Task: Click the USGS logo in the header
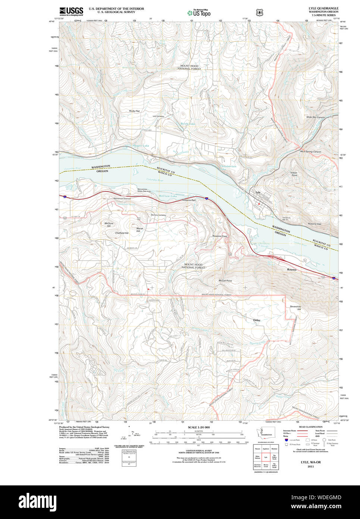pos(71,11)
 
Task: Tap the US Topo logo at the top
pos(199,13)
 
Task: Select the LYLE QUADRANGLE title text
pos(323,8)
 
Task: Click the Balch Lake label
pos(188,124)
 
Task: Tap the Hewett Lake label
pos(141,146)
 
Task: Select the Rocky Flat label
pos(134,111)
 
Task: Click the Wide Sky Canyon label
pos(315,117)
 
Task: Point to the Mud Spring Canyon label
pos(310,152)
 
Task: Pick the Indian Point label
pos(294,174)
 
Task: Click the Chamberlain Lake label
pos(228,168)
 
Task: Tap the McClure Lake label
pos(168,196)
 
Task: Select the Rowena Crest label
pos(220,236)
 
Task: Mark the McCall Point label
pos(225,280)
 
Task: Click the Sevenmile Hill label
pos(295,308)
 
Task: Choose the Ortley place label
pos(257,320)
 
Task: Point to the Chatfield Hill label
pos(122,233)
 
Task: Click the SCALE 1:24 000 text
pos(198,427)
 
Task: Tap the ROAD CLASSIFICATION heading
pos(310,427)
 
